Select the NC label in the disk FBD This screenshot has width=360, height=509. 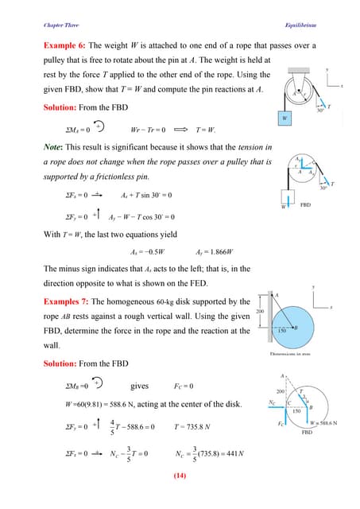click(273, 403)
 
